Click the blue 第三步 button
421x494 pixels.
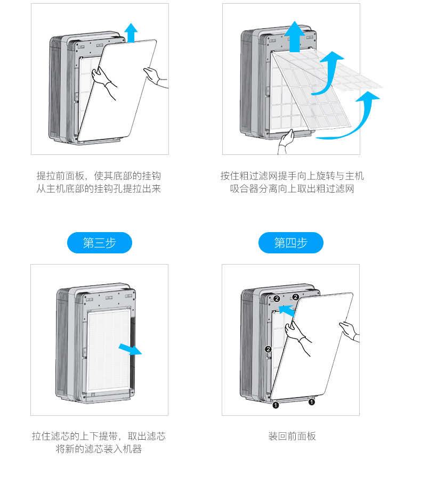[x=99, y=243]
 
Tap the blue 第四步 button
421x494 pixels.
[x=290, y=243]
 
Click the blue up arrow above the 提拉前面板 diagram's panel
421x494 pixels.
[x=131, y=32]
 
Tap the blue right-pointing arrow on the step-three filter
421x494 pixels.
[x=129, y=349]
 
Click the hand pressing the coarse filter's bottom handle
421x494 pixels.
[x=287, y=142]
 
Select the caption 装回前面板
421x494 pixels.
[x=292, y=437]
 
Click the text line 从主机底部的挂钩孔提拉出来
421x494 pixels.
[x=99, y=189]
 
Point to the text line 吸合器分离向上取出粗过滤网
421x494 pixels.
[x=292, y=189]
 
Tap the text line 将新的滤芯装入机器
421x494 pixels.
[x=99, y=449]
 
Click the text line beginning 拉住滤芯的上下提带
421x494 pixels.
[x=99, y=437]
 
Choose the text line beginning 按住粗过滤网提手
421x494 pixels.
[x=292, y=176]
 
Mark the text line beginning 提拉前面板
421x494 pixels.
[x=99, y=176]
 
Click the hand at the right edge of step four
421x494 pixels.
[x=350, y=331]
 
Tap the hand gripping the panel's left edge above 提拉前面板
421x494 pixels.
[x=104, y=80]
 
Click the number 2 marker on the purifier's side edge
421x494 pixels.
[x=269, y=349]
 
